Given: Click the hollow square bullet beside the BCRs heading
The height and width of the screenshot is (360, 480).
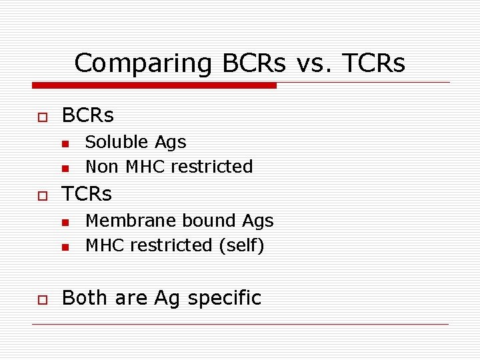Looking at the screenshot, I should click(x=42, y=117).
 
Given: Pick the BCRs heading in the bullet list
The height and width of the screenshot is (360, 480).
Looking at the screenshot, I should click(x=87, y=115).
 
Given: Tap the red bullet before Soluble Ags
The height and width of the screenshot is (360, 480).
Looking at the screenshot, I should click(x=65, y=143).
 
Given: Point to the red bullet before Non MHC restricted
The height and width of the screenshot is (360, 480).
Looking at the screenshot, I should click(x=65, y=167).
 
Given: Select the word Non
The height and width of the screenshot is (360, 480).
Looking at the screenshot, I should click(x=101, y=167).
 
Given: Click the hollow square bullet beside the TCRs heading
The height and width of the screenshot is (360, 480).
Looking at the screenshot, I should click(x=42, y=195).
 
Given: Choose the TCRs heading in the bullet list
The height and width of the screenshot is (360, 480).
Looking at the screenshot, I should click(x=87, y=194).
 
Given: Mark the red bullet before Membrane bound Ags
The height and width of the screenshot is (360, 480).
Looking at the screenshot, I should click(x=65, y=222).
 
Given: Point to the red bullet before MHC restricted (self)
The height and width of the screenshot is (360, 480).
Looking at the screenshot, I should click(x=65, y=247).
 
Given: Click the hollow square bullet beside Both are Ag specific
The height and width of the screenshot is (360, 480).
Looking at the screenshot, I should click(x=42, y=299).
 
